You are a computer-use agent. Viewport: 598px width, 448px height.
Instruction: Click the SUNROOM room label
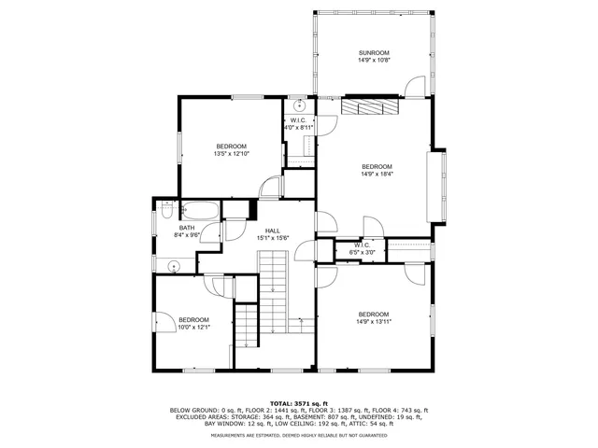pyautogui.click(x=373, y=52)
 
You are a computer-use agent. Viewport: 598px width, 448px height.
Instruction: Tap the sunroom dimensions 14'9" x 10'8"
pyautogui.click(x=373, y=60)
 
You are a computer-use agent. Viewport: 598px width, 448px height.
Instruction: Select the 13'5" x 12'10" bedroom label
pyautogui.click(x=231, y=147)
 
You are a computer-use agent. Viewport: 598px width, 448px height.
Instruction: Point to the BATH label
pyautogui.click(x=187, y=228)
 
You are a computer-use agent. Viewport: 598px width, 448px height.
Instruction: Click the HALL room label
pyautogui.click(x=272, y=231)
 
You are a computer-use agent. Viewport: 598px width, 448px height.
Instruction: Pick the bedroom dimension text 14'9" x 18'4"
pyautogui.click(x=377, y=174)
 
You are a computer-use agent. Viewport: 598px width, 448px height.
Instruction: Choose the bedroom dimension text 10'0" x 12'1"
pyautogui.click(x=193, y=327)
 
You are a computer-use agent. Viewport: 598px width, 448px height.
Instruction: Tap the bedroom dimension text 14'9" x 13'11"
pyautogui.click(x=373, y=322)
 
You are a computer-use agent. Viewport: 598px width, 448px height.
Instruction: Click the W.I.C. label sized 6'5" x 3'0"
pyautogui.click(x=361, y=246)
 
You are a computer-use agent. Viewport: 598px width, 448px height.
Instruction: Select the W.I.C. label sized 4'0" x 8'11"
pyautogui.click(x=298, y=123)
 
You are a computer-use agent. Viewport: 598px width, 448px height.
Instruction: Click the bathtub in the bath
pyautogui.click(x=199, y=211)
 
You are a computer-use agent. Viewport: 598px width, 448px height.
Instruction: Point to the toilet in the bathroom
pyautogui.click(x=165, y=204)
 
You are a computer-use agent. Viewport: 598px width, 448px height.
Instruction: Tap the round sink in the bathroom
pyautogui.click(x=175, y=267)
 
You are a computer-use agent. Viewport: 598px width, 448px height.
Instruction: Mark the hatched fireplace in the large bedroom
pyautogui.click(x=369, y=106)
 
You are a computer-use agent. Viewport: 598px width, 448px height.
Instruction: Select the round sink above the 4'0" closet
pyautogui.click(x=298, y=105)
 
